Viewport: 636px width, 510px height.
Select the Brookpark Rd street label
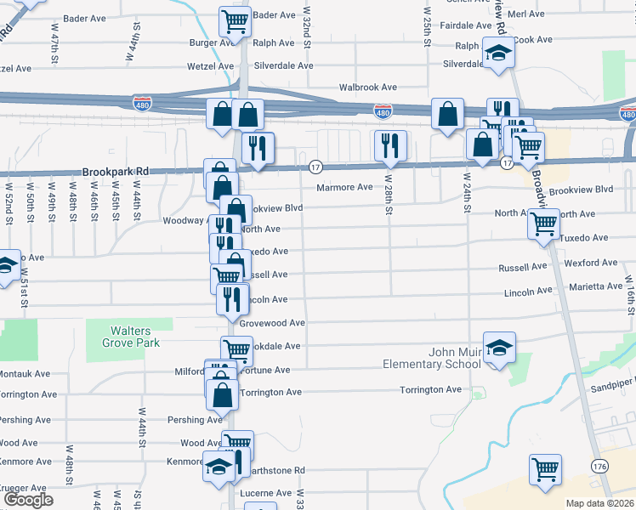(x=116, y=171)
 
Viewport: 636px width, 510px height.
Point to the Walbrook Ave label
(x=368, y=87)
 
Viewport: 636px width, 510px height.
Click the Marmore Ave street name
(x=344, y=187)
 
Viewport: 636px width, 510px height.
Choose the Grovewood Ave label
(x=272, y=323)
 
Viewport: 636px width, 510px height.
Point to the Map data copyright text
(x=599, y=503)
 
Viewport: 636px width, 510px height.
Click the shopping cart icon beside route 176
(x=545, y=468)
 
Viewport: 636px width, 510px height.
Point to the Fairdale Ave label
(x=460, y=25)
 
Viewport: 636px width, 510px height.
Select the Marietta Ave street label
(x=597, y=286)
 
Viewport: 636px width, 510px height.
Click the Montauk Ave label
(x=26, y=373)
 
